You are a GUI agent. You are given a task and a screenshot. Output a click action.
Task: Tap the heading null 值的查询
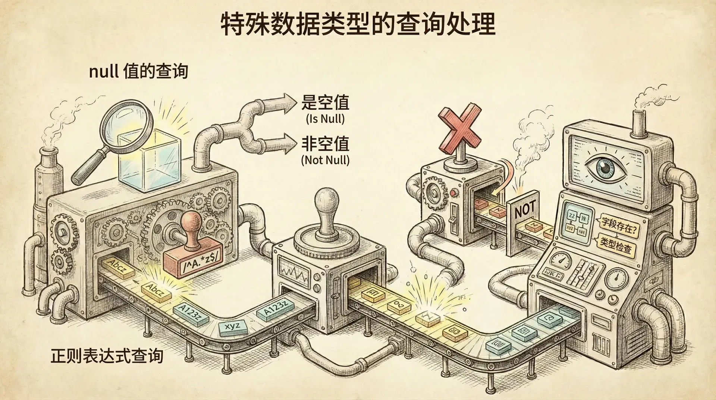[138, 71]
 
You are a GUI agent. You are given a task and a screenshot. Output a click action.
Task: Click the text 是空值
[325, 102]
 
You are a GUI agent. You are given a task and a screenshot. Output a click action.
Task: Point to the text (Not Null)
[325, 160]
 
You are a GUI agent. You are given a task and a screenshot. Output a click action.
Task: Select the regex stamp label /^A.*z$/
[200, 264]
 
